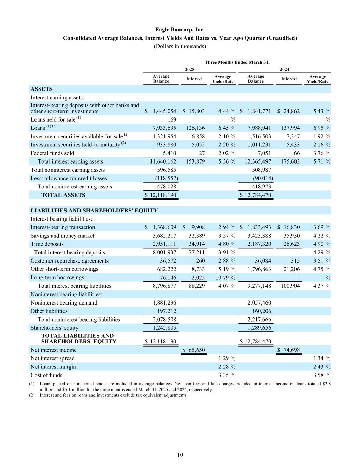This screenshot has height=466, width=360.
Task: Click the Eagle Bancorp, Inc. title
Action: [x=180, y=30]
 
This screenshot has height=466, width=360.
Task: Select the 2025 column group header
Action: [x=190, y=69]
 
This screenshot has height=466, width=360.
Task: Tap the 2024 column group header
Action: [x=285, y=69]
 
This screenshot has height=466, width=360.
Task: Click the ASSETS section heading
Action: [x=42, y=89]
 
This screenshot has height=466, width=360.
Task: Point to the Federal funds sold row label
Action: [x=52, y=153]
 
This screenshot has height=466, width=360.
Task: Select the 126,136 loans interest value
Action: [x=194, y=128]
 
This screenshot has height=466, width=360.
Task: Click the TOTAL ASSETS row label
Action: [x=63, y=195]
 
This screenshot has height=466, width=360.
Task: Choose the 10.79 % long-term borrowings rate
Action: [x=225, y=278]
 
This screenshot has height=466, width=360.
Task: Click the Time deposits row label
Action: [x=47, y=244]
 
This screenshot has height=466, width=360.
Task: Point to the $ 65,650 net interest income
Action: [x=193, y=350]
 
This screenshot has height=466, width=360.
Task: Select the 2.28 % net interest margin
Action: [x=227, y=367]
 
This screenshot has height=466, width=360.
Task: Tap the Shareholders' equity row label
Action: [x=55, y=328]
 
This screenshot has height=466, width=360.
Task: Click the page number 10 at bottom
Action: [x=180, y=455]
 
